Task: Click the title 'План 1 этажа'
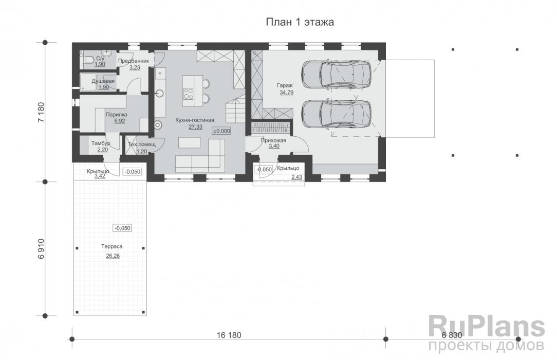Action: tap(300, 22)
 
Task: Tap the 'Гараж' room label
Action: tap(285, 85)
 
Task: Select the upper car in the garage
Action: tap(336, 75)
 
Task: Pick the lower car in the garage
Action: tap(336, 114)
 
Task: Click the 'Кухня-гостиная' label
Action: tap(195, 120)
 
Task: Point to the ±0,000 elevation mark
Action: tap(221, 131)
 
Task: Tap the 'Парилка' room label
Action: tap(116, 115)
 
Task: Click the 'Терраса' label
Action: tap(112, 246)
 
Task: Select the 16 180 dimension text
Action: tap(229, 335)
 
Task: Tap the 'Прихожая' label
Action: tap(273, 140)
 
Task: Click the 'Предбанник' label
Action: tap(134, 61)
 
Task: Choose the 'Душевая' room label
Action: tap(103, 81)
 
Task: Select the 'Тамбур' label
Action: tap(101, 143)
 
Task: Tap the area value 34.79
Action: tap(286, 93)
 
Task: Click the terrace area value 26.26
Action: tap(113, 256)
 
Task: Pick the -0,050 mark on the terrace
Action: tap(123, 228)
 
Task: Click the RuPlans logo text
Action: tap(486, 327)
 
